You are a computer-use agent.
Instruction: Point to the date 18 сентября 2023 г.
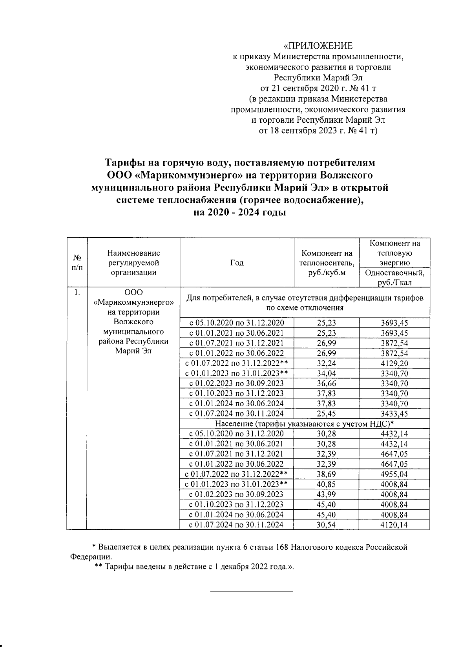point(304,131)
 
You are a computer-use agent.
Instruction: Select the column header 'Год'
point(237,263)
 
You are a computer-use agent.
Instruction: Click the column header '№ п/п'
point(77,263)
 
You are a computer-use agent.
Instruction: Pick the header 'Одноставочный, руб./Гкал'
point(394,278)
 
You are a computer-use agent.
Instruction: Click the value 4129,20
point(394,363)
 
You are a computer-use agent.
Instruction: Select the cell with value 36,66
point(327,383)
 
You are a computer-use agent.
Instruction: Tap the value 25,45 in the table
point(327,414)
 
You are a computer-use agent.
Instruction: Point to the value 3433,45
point(394,414)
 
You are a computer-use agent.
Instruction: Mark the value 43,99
point(327,494)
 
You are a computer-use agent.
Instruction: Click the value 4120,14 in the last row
point(394,525)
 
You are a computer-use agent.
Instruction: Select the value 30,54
point(327,525)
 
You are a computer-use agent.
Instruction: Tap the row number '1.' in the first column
point(77,293)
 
